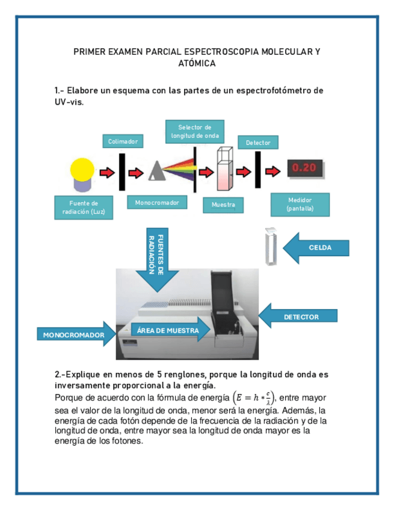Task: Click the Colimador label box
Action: [123, 141]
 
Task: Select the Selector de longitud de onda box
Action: [194, 132]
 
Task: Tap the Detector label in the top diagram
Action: [258, 143]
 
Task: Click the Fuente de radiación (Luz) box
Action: [84, 207]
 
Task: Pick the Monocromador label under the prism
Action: [157, 203]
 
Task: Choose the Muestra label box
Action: [223, 205]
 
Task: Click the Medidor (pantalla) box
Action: [300, 204]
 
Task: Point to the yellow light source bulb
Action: [82, 171]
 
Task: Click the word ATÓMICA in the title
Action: [197, 63]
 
